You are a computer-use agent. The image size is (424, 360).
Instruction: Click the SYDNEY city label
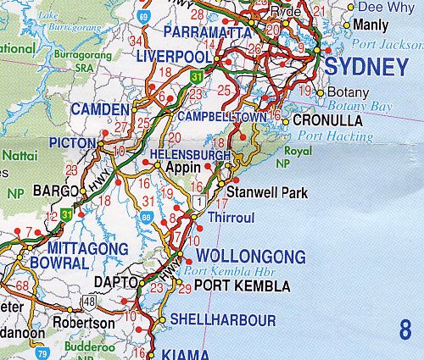pos(366,68)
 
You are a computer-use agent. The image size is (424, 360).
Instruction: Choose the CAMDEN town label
pos(100,110)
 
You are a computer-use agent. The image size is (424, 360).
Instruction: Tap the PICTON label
pos(74,142)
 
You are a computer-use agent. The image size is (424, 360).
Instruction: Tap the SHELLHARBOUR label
pos(223,320)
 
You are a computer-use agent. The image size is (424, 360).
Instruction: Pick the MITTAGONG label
pos(80,248)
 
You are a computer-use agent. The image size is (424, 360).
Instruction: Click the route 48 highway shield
pos(90,300)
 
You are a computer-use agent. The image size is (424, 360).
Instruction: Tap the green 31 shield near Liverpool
pos(197,77)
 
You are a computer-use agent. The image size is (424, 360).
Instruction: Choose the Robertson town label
pos(84,323)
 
